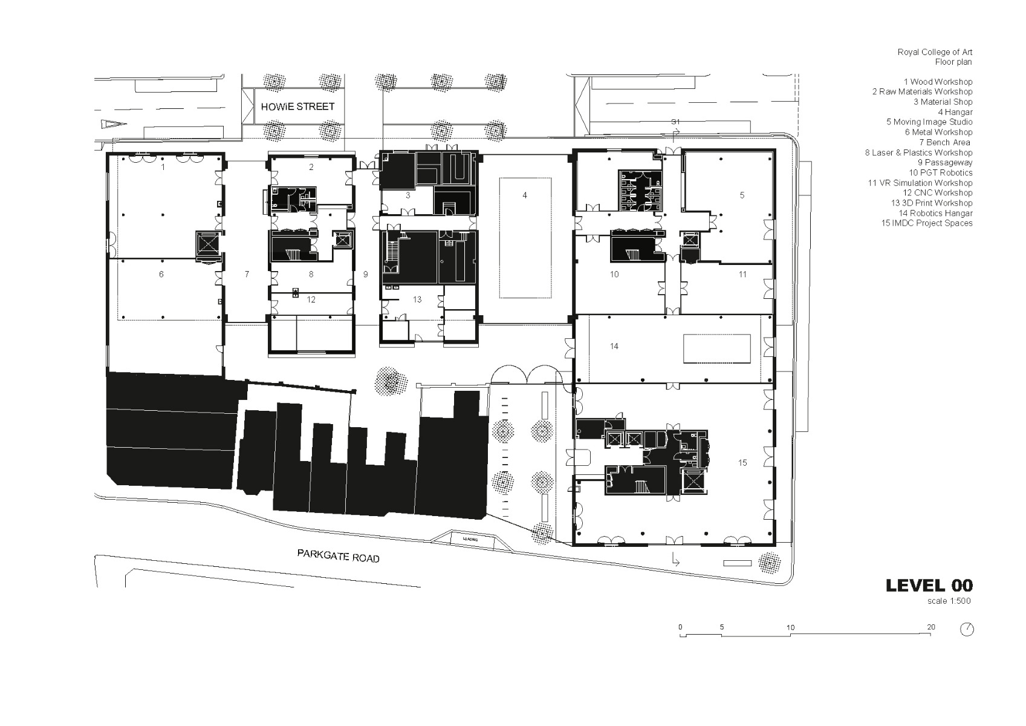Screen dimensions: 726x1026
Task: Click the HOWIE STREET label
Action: [297, 106]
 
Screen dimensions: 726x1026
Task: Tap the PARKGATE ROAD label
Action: [338, 555]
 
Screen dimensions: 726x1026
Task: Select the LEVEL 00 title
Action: [929, 585]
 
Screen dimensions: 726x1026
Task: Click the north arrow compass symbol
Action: [967, 629]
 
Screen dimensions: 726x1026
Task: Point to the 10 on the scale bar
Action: [790, 627]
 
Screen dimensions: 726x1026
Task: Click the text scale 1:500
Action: [949, 601]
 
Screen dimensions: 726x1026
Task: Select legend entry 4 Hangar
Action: [955, 112]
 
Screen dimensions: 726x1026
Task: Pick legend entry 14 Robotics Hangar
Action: [935, 213]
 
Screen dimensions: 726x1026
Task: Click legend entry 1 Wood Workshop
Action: [938, 82]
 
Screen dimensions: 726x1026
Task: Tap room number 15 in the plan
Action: [742, 463]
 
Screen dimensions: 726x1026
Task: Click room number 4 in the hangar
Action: [525, 195]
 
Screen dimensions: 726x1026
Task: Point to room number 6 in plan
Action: [161, 274]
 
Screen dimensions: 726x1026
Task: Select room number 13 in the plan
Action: [417, 299]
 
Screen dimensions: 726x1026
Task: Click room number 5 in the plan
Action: [742, 195]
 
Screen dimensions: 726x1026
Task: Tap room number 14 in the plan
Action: [614, 346]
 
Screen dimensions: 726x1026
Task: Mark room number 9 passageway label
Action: [365, 274]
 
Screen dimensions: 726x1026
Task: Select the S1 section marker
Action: [675, 122]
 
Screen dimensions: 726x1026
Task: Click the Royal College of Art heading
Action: [935, 52]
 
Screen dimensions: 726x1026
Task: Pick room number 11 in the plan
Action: [742, 274]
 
